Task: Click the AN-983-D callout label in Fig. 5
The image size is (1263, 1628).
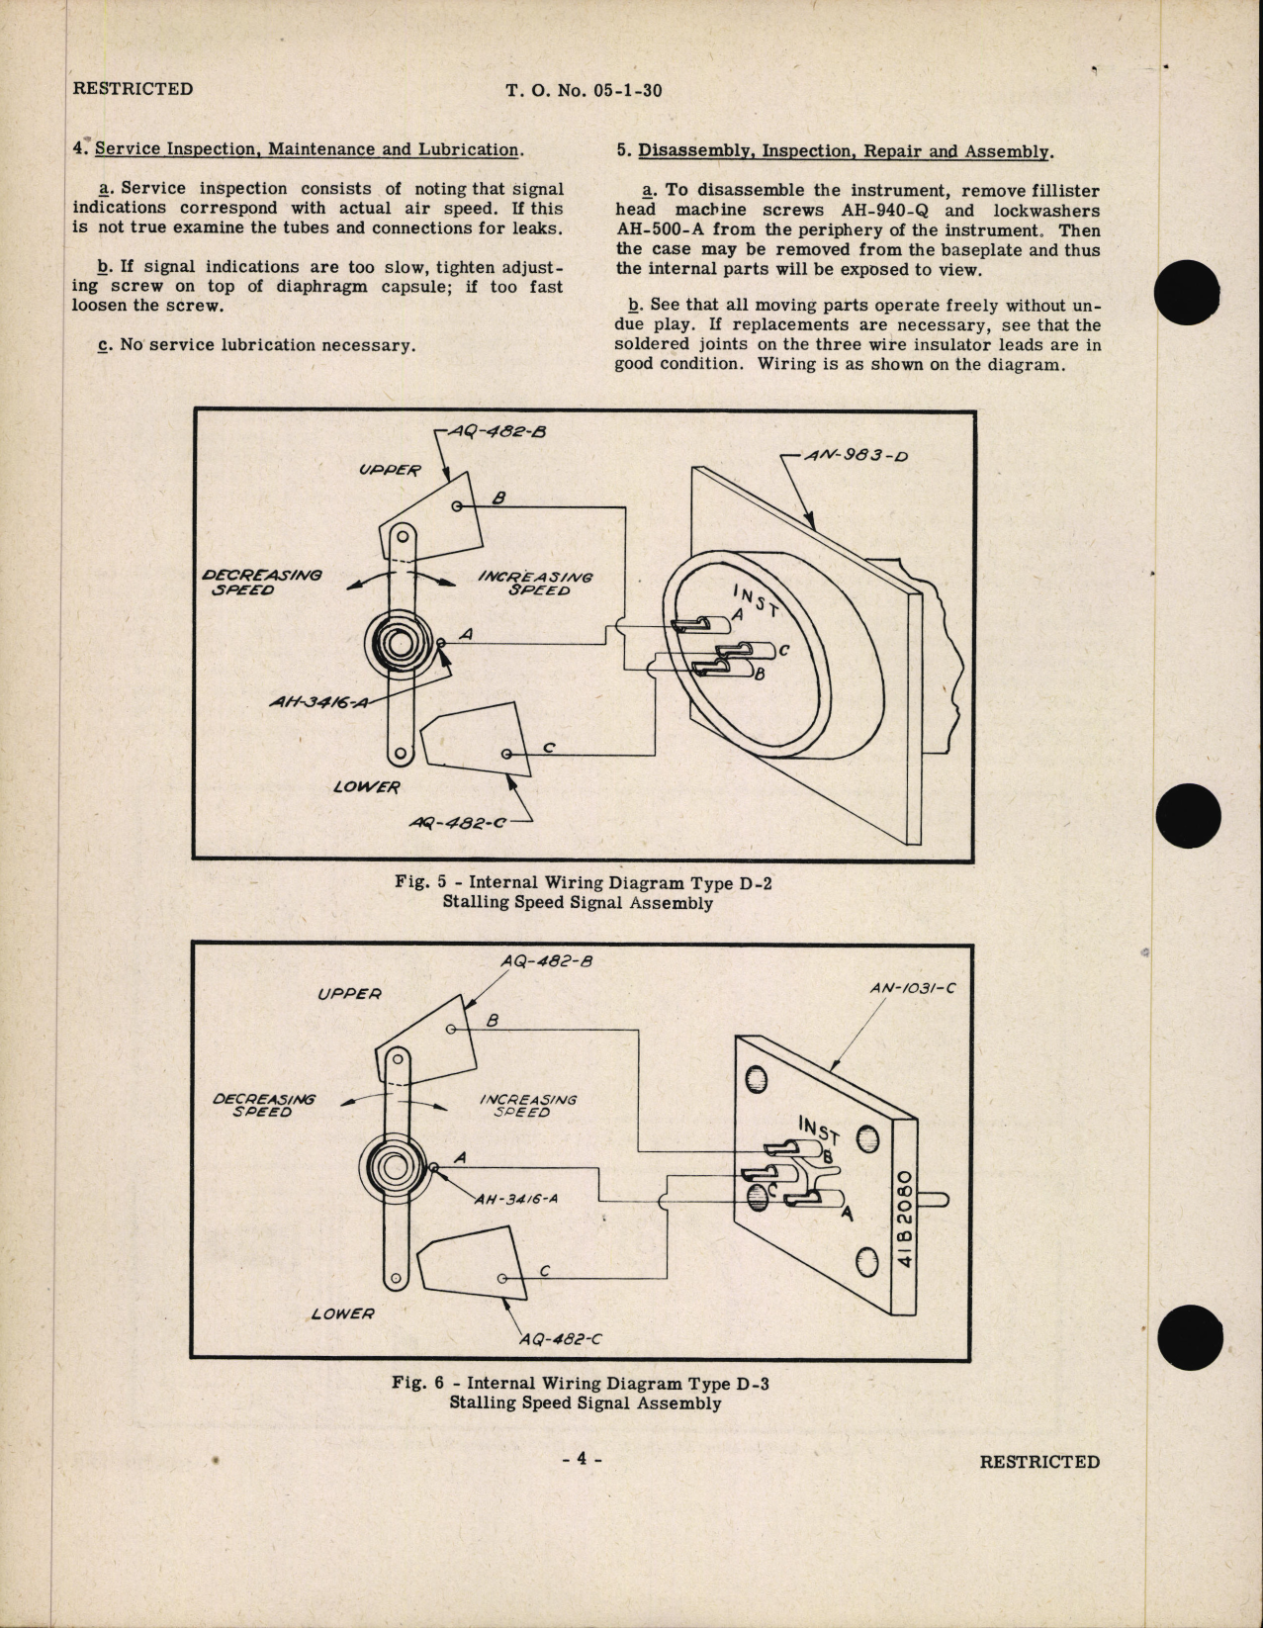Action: [857, 458]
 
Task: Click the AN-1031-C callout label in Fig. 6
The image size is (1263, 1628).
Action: [914, 988]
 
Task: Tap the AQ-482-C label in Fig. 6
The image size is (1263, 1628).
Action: [560, 1339]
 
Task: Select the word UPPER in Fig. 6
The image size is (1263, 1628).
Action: [349, 993]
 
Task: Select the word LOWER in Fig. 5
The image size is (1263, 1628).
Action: [366, 787]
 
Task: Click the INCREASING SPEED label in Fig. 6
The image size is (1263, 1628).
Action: [527, 1105]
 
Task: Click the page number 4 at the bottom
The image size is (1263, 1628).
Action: [582, 1459]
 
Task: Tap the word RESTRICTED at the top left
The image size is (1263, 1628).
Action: [133, 89]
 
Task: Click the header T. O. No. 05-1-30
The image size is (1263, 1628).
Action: [584, 90]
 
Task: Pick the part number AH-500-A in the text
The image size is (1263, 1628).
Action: [661, 230]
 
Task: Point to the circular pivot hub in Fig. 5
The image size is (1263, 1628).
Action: [401, 644]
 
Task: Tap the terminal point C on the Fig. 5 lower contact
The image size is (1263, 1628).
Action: [507, 755]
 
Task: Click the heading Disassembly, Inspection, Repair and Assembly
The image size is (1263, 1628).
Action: [846, 151]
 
